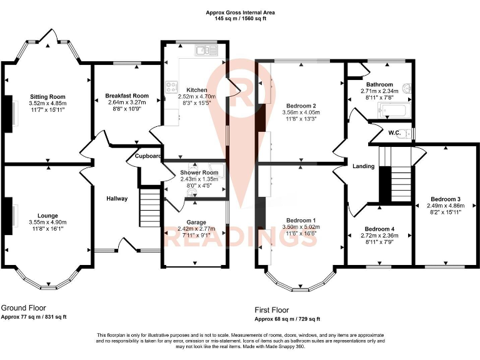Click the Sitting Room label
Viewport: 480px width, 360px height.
click(x=47, y=96)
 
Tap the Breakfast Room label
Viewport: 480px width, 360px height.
click(x=127, y=96)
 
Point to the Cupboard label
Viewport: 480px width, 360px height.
click(x=149, y=156)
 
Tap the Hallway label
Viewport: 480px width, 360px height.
click(x=117, y=199)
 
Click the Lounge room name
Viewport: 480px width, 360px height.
click(x=47, y=215)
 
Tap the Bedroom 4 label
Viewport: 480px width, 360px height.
click(x=380, y=228)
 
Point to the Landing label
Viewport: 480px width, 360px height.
click(x=364, y=166)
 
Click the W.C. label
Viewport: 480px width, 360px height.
click(x=394, y=132)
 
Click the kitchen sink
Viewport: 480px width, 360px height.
click(x=203, y=49)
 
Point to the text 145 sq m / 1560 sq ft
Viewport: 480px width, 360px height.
click(x=240, y=19)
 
